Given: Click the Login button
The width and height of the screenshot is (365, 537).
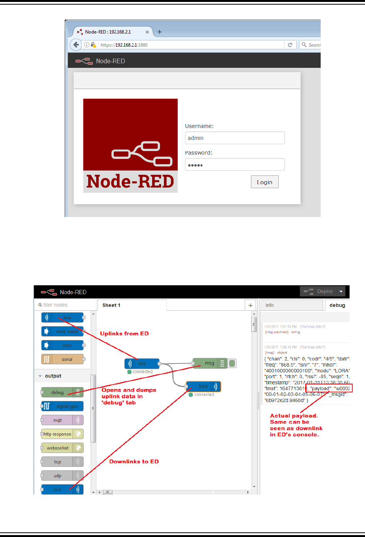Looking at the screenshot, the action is point(264,182).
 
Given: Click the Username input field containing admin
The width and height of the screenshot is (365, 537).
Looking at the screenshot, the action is point(235,138).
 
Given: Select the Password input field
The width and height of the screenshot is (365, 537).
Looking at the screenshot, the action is point(235,165).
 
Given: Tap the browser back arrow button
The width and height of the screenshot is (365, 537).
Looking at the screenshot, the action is point(76,45).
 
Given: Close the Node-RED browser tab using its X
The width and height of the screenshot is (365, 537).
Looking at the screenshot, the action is point(147,32).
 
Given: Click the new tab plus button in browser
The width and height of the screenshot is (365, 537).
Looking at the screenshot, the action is point(160,32).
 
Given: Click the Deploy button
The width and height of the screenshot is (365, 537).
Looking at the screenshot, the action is point(318,291).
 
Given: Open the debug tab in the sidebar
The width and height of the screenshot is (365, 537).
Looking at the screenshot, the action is point(337,305).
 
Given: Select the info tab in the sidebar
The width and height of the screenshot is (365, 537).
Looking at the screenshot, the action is point(291,305).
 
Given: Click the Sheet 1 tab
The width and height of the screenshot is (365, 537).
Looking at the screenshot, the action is point(112,305).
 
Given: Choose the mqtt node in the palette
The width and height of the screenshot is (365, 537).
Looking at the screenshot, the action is point(62,420).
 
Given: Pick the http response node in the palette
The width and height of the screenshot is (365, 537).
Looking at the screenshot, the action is point(62,434).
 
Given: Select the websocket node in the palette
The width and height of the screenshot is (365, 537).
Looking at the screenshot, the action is point(62,448).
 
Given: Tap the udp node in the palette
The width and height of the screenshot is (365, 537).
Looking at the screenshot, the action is point(62,476).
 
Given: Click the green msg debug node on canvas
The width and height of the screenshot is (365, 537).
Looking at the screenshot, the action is point(210,363).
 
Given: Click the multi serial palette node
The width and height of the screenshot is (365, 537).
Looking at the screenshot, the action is point(62,332).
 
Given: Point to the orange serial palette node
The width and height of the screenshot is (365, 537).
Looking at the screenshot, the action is point(62,359).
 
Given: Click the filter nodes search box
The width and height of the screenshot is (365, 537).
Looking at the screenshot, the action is point(66,305).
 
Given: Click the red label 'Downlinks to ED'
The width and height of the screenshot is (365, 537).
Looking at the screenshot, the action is point(134,461).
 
